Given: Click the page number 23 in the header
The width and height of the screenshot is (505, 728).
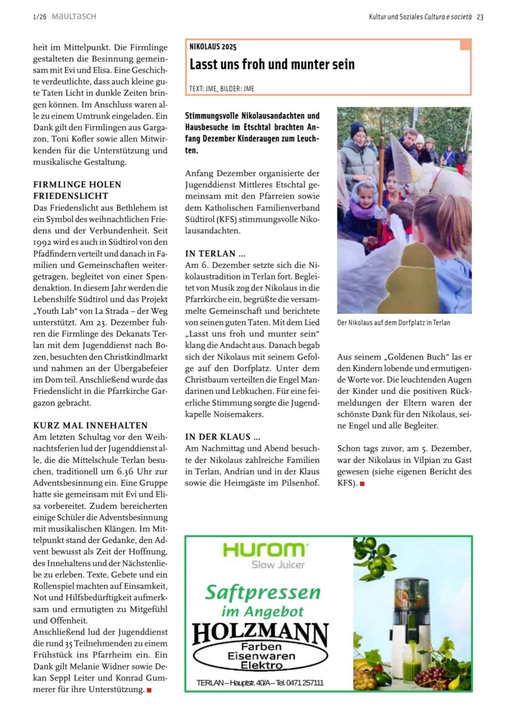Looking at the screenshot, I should [x=480, y=17].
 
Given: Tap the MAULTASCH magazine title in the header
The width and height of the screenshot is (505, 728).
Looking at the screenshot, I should [x=74, y=17].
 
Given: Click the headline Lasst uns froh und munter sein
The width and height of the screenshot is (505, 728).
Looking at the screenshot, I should [x=272, y=64].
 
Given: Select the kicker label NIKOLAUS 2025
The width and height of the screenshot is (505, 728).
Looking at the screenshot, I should [x=213, y=47].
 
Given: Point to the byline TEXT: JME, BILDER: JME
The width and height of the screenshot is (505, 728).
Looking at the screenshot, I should [x=221, y=89].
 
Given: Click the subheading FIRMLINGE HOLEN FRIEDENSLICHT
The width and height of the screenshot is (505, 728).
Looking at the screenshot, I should [x=77, y=190].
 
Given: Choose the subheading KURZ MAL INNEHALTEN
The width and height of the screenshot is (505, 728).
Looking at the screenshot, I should [x=90, y=425].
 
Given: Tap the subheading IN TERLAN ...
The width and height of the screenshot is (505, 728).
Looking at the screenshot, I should [x=216, y=254].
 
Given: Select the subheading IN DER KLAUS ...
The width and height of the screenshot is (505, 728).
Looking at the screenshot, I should [x=223, y=437].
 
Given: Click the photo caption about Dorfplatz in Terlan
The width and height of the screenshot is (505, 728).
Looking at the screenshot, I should [x=393, y=323].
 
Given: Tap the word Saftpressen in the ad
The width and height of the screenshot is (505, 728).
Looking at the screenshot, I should [x=262, y=592].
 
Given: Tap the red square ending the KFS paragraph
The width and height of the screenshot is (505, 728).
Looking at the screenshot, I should [x=362, y=484].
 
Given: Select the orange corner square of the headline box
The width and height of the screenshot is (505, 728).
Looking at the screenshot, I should [x=465, y=45].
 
